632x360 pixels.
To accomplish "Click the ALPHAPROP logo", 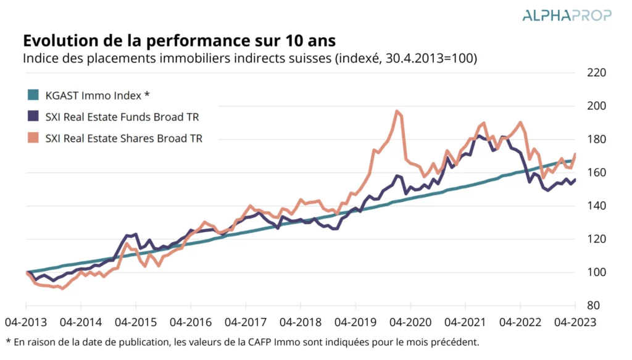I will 567,15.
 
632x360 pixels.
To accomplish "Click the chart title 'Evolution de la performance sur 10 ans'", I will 179,41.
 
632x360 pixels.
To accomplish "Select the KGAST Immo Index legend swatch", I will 33,95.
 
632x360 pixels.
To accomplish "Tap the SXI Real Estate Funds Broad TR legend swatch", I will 33,117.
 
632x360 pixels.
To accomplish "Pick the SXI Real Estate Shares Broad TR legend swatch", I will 33,138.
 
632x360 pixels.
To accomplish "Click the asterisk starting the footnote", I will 8,341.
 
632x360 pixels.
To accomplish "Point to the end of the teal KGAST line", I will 573,161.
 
